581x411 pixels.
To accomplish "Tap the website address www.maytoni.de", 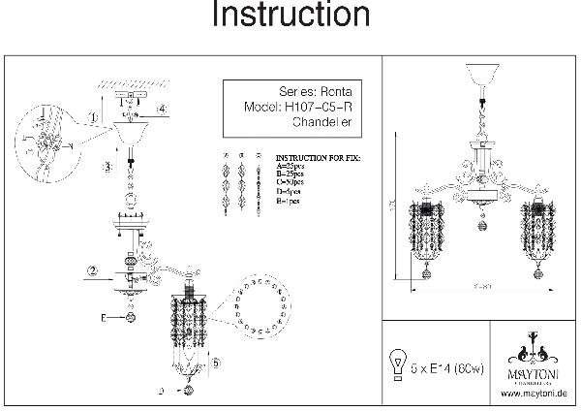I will pyautogui.click(x=535, y=393).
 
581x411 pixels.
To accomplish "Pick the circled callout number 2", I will pyautogui.click(x=91, y=269).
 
